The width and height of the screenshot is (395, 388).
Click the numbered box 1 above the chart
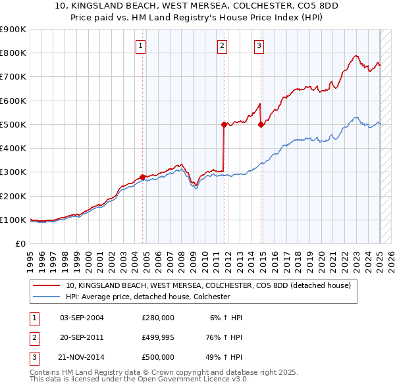[x=142, y=45]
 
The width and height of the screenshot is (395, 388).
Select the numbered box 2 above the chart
[x=223, y=45]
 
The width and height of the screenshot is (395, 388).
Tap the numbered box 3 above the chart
[x=259, y=45]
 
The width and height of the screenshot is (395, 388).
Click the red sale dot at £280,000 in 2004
[x=143, y=177]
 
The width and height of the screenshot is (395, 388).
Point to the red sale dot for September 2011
[x=224, y=124]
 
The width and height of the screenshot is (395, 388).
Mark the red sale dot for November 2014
[x=261, y=124]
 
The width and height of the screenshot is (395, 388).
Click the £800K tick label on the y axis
[x=13, y=53]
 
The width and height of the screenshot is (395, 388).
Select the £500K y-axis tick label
[x=13, y=124]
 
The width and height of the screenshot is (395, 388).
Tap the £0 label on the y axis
[x=20, y=243]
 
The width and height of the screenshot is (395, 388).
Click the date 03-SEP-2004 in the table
[x=82, y=318]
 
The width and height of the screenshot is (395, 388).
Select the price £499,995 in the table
[x=158, y=337]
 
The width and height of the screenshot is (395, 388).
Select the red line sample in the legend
[x=47, y=286]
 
